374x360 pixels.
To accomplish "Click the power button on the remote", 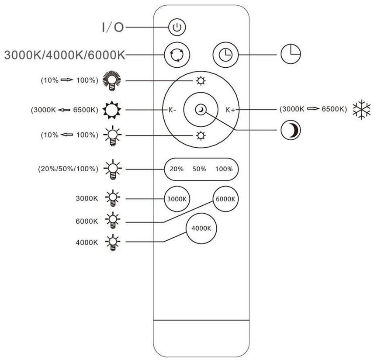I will coord(177,28).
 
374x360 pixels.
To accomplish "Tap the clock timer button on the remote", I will coord(225,55).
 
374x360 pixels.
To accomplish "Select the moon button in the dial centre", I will coord(201,109).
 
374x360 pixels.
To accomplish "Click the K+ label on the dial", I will coord(230,110).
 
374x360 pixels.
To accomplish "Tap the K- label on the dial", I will coord(172,110).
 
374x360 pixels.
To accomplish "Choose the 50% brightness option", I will coord(199,169).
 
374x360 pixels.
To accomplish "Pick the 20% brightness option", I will coord(177,169).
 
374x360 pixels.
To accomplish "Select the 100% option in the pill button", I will coord(224,169).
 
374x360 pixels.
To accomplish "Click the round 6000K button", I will coord(225,199).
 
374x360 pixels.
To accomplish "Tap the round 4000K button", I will coord(201,228).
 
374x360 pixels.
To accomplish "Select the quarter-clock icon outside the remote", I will coord(291,55).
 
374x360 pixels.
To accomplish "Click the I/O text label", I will coord(113,28).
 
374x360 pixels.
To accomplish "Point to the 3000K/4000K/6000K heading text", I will coord(65,55).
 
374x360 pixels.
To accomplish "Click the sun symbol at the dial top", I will coord(201,81).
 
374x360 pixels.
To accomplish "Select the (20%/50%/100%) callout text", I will coord(68,168).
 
